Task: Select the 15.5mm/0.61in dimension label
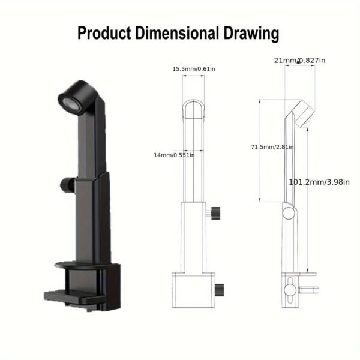pyautogui.click(x=194, y=69)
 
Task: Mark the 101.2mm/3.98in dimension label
pyautogui.click(x=319, y=181)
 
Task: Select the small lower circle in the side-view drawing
pyautogui.click(x=292, y=290)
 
